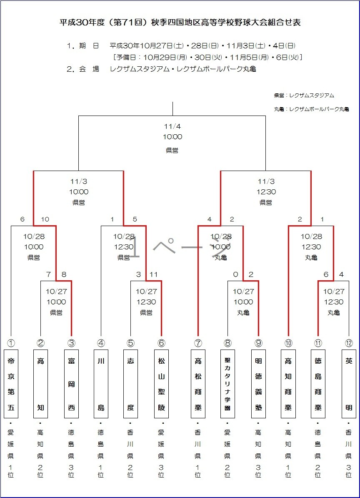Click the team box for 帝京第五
tap(11, 384)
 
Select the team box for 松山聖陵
tap(161, 384)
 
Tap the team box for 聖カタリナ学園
tap(227, 384)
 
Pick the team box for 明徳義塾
tap(258, 384)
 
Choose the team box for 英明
tap(349, 384)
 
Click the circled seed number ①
tap(11, 343)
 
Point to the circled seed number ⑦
tap(198, 343)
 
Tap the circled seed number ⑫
tap(349, 343)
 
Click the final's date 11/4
tap(172, 126)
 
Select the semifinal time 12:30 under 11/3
tap(266, 192)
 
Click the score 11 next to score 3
tap(154, 274)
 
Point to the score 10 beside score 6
tap(45, 219)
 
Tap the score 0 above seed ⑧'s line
tap(236, 274)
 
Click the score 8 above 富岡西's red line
tap(64, 274)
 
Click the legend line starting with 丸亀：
tap(311, 109)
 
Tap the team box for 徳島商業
tap(318, 384)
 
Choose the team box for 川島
tap(101, 384)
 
